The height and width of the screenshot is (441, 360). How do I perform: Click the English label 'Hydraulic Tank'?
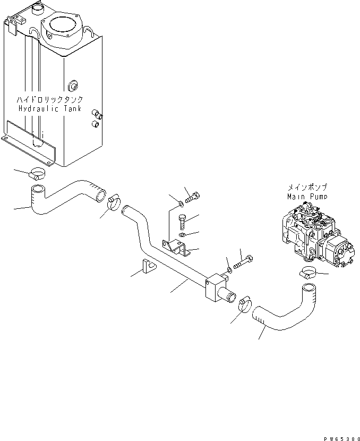tap(50, 108)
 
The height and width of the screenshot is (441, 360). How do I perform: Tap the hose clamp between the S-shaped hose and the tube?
tap(115, 203)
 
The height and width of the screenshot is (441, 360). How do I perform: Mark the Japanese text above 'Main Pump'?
tap(306, 187)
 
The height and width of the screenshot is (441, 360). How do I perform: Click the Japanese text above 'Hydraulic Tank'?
tap(50, 100)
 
